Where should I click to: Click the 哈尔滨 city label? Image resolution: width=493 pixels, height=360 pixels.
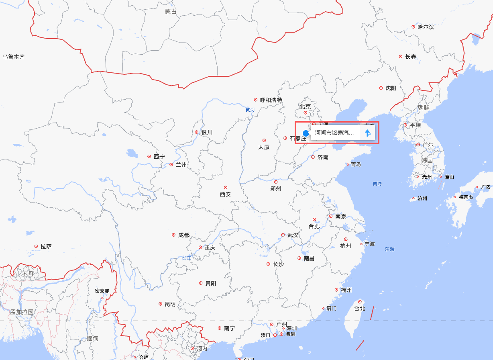coord(426,27)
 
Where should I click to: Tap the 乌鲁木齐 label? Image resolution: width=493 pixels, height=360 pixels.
coord(14,57)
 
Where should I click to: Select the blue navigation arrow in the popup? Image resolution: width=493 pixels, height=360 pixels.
coord(367,133)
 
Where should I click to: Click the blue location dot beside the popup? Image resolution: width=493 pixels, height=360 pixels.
coord(306,133)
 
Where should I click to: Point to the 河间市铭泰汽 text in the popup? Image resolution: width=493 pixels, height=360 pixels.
coord(334,133)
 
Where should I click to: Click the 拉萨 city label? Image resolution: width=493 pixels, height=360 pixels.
coord(46,246)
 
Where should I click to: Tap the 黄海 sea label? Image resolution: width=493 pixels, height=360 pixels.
coord(377,184)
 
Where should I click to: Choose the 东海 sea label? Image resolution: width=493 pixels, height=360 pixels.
coord(389,249)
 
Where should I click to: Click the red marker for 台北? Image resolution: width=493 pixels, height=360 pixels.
coord(360,302)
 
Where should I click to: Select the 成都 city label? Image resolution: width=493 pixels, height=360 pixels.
coord(184,235)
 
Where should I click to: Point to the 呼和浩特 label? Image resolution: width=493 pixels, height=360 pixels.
coord(271,100)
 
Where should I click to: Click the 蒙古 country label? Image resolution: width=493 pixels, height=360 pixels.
coord(171,12)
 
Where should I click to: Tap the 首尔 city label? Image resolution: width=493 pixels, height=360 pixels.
coord(428,145)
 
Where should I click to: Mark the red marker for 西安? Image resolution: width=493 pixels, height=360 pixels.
coord(226,187)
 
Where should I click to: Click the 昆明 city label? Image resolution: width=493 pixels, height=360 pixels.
coord(170,304)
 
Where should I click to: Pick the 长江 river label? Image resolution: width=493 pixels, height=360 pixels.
coord(186,258)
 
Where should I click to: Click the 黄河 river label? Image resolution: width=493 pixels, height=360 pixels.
coord(250,109)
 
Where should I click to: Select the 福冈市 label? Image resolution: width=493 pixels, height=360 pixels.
coord(466,197)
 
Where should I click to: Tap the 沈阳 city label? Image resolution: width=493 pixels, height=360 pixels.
coord(391,88)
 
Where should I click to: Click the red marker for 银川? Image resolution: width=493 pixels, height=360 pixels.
coord(196,132)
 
